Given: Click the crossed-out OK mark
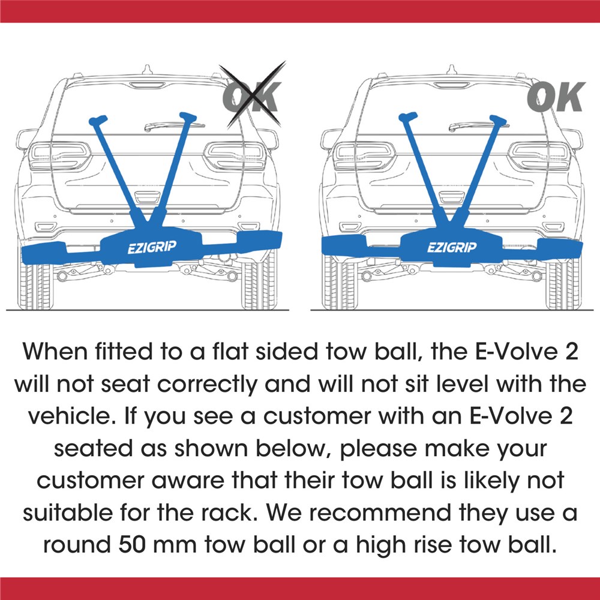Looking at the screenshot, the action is point(252,95).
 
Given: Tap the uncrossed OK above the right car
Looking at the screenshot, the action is point(556,97).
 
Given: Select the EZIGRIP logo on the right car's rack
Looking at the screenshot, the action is point(452,247).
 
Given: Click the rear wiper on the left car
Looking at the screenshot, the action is point(174,125).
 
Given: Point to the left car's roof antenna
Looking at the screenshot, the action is point(148,70).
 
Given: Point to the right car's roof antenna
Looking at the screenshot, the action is point(452,70).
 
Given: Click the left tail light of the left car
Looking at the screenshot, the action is point(59,156).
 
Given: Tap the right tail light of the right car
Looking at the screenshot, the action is point(539,156).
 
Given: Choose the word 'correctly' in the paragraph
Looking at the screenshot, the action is point(207,384).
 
